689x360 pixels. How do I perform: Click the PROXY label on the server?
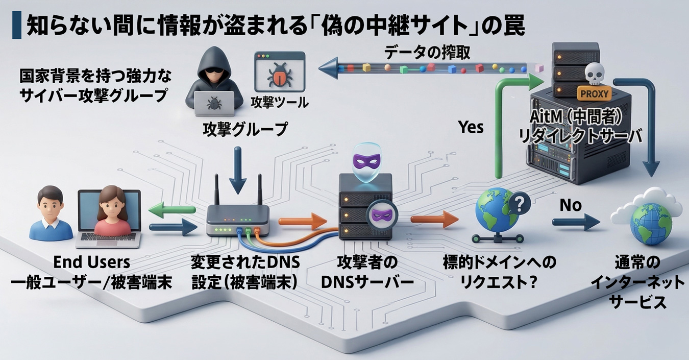click(594, 94)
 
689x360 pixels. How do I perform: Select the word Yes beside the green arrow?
click(470, 127)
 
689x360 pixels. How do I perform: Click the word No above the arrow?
click(571, 205)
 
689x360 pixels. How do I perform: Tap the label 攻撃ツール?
click(280, 103)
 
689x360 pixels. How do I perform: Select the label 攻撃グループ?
click(245, 129)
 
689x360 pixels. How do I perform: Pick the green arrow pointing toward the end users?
click(172, 209)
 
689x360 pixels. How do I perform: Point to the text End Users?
click(91, 262)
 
